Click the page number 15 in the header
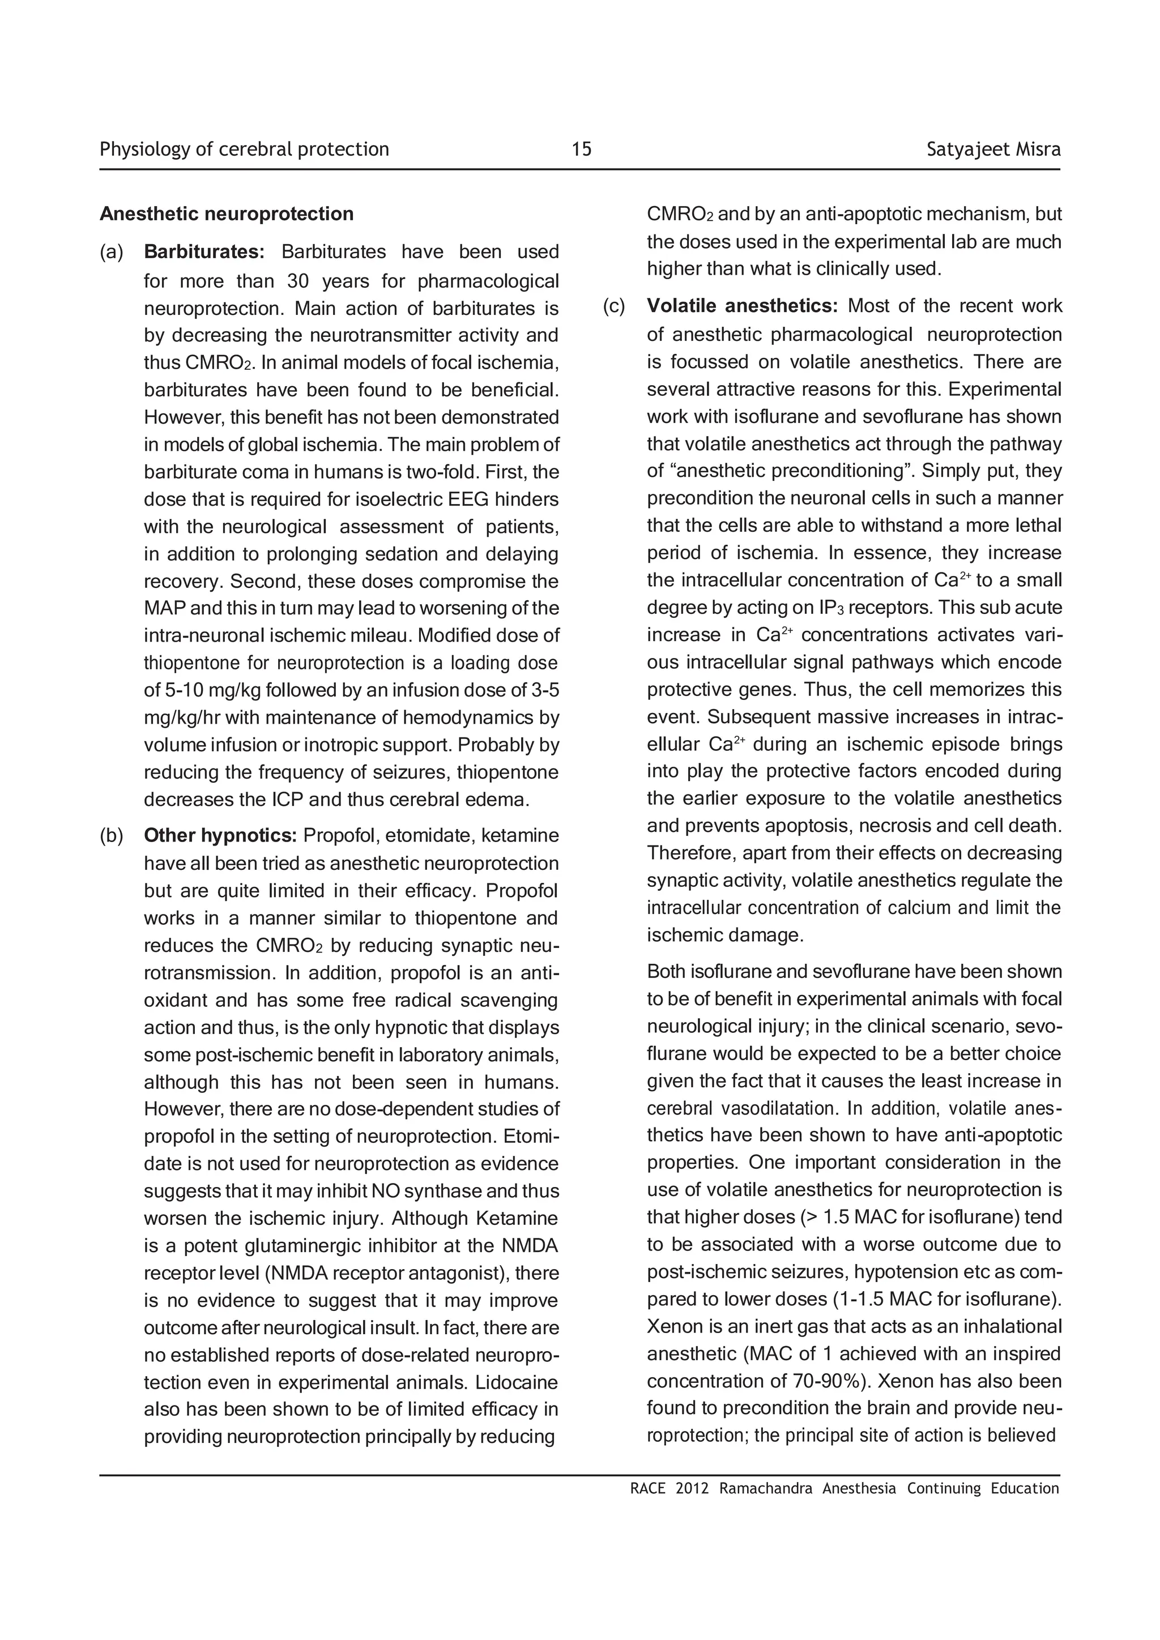(582, 150)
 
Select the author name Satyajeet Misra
(993, 150)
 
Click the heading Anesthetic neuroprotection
(227, 213)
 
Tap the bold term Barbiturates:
(204, 251)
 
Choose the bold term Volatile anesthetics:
(741, 306)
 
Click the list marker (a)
(112, 251)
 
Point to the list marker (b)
(112, 835)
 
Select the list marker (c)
(615, 306)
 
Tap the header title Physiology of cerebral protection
(244, 150)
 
